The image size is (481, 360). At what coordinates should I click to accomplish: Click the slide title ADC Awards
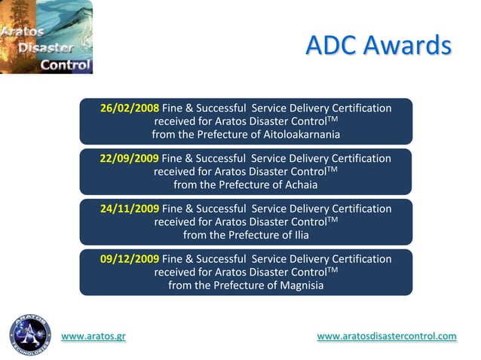pos(378,45)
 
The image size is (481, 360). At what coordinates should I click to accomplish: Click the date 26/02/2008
pos(130,108)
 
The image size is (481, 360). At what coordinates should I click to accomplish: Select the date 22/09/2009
pos(130,158)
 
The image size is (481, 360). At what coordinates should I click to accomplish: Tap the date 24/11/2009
pos(130,209)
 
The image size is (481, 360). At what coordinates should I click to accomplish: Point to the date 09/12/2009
pos(130,259)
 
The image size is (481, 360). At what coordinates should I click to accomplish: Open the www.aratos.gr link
pos(93,337)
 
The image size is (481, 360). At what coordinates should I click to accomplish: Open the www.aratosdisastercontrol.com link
pos(387,337)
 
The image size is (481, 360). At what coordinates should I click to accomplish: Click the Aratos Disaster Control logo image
pos(46,37)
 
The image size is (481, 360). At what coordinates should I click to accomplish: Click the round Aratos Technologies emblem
pos(30,334)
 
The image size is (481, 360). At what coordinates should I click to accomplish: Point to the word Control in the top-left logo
pos(65,64)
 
